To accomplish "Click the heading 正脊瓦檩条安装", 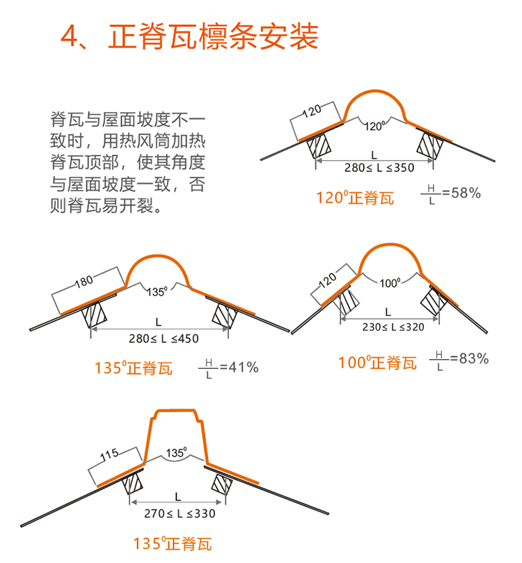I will tap(214, 37).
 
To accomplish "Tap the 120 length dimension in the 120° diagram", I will tap(311, 111).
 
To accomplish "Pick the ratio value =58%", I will tap(461, 193).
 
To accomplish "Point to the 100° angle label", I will tap(390, 283).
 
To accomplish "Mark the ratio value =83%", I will tap(468, 359).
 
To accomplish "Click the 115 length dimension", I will tap(109, 456).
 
